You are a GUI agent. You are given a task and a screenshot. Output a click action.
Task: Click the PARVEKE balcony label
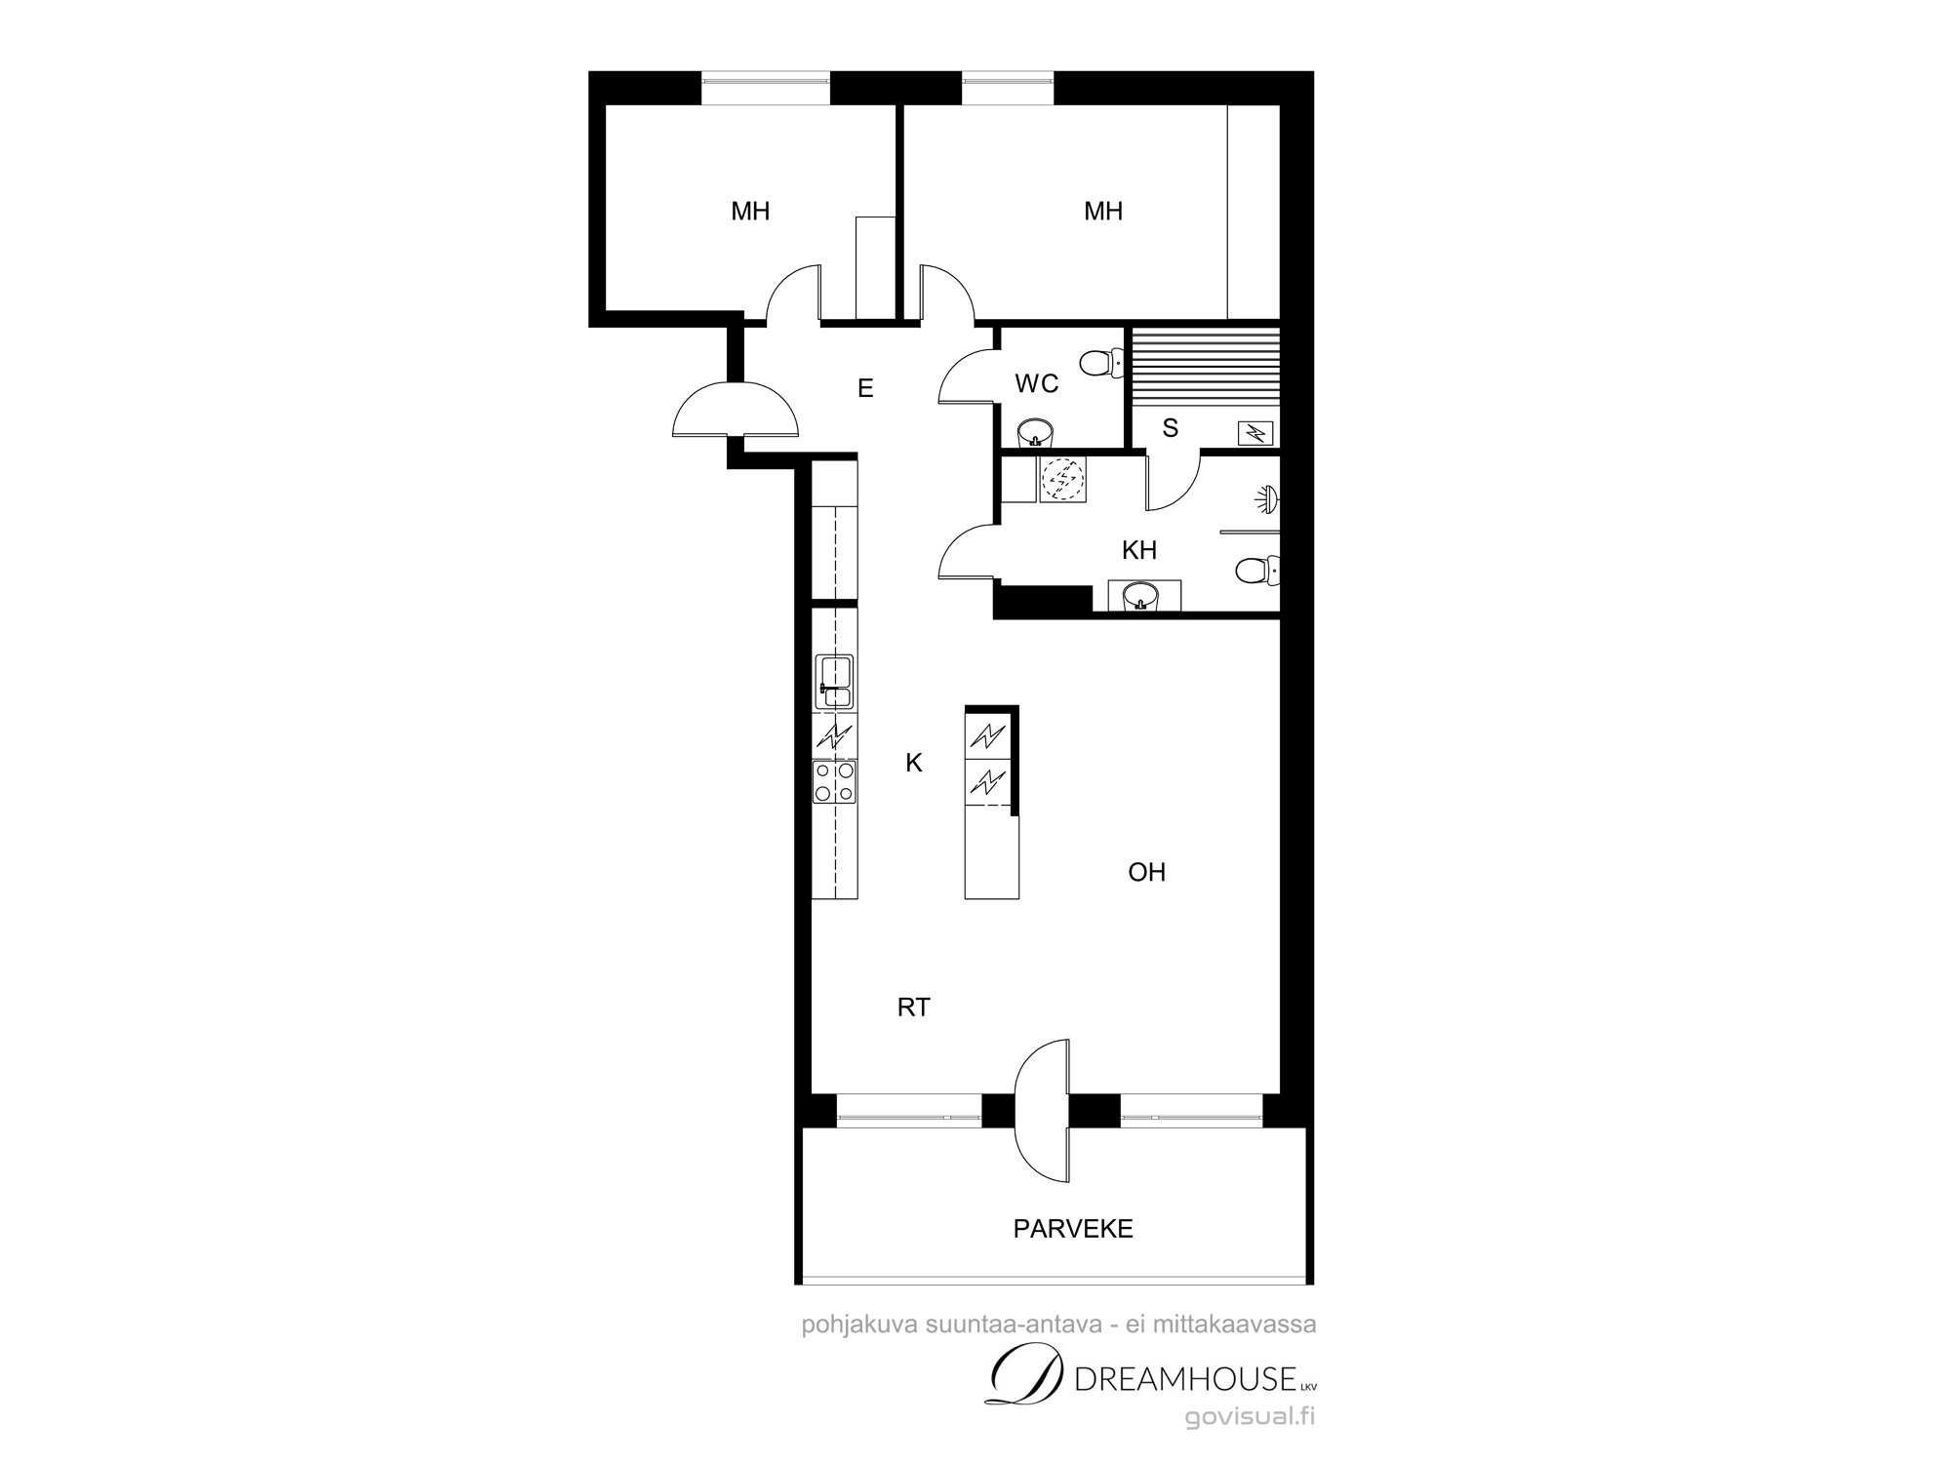tap(1073, 1229)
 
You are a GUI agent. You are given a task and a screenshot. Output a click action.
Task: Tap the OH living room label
tap(1147, 872)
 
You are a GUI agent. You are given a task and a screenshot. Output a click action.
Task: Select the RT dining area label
tap(914, 1008)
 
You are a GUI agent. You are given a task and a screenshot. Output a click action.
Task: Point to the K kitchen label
tap(914, 763)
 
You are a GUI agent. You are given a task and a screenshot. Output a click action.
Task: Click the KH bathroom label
tap(1139, 550)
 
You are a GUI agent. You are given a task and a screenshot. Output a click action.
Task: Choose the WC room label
tap(1037, 384)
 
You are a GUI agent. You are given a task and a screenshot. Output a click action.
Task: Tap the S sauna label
tap(1171, 428)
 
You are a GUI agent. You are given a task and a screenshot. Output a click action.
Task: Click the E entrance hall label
tap(865, 389)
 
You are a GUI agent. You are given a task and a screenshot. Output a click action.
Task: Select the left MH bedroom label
tap(750, 211)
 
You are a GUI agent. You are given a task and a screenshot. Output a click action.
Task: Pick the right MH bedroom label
tap(1103, 211)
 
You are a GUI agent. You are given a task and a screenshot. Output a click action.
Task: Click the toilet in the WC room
tap(1101, 364)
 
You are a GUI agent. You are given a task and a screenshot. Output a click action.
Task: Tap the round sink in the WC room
tap(1036, 431)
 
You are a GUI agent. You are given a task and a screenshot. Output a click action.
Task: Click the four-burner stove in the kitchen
tap(835, 782)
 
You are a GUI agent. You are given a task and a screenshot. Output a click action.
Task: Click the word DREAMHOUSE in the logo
tap(1184, 1379)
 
